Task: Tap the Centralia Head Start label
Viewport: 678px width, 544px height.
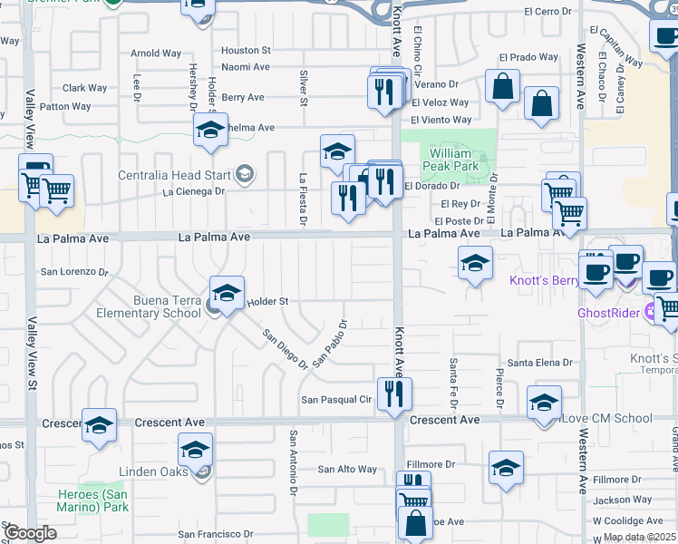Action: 175,174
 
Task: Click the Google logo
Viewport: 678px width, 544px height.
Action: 29,532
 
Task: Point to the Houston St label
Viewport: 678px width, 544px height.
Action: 246,51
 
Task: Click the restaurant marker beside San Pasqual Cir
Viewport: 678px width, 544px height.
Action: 393,394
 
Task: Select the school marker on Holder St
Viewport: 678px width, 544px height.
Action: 227,292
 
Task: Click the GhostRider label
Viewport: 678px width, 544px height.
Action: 609,313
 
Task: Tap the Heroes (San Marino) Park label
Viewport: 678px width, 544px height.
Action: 101,500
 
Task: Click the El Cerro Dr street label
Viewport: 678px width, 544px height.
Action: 549,12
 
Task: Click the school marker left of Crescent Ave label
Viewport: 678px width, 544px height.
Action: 98,425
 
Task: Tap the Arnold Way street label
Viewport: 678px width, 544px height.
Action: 156,53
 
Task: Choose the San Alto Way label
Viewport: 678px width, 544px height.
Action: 346,469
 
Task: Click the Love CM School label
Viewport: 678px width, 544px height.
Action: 606,418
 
